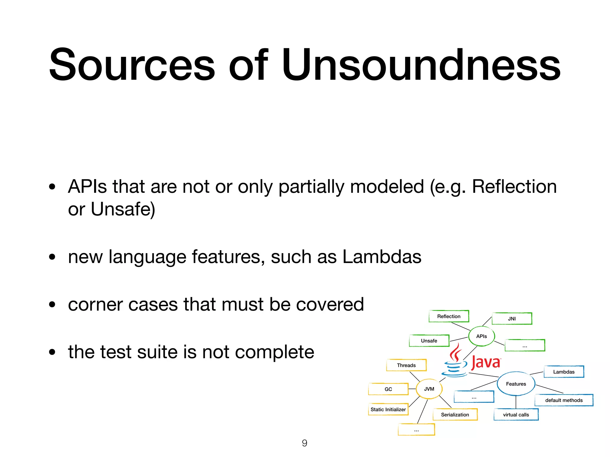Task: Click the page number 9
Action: pos(304,443)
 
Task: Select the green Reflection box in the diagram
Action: pos(449,316)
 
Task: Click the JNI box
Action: pos(512,319)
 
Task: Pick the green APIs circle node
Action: pos(482,336)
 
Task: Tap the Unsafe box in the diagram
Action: pos(429,341)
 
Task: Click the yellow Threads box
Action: pos(406,365)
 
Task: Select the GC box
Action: pos(388,389)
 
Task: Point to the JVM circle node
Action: pos(429,389)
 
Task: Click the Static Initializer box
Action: pos(388,409)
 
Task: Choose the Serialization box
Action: pos(455,414)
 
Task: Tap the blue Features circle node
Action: pos(516,384)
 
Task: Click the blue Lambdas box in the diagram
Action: pos(564,372)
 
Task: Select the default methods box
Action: pos(564,400)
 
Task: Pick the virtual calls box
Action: pos(516,414)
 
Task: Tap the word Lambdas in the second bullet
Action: pos(382,256)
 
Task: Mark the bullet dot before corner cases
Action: pos(52,304)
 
